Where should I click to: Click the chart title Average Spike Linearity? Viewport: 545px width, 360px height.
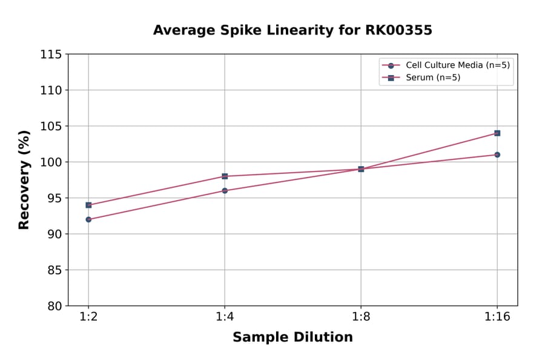[x=292, y=30]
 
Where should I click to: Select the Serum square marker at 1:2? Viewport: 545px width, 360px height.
[x=88, y=205]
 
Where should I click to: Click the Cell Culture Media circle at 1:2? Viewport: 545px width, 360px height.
[x=88, y=219]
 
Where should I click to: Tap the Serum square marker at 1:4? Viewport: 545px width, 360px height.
[x=225, y=176]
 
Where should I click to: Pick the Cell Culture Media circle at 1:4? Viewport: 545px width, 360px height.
[x=225, y=190]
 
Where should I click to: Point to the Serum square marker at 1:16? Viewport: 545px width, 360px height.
[x=497, y=133]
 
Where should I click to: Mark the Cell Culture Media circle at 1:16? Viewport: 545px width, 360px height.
[x=497, y=155]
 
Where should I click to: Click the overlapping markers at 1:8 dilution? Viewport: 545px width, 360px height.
[x=361, y=169]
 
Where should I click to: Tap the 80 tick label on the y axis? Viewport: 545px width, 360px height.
[x=54, y=305]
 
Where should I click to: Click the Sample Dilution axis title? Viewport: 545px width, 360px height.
[x=292, y=338]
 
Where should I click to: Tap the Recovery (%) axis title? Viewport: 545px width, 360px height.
[x=24, y=179]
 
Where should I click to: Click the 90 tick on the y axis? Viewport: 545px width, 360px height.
[x=54, y=234]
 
